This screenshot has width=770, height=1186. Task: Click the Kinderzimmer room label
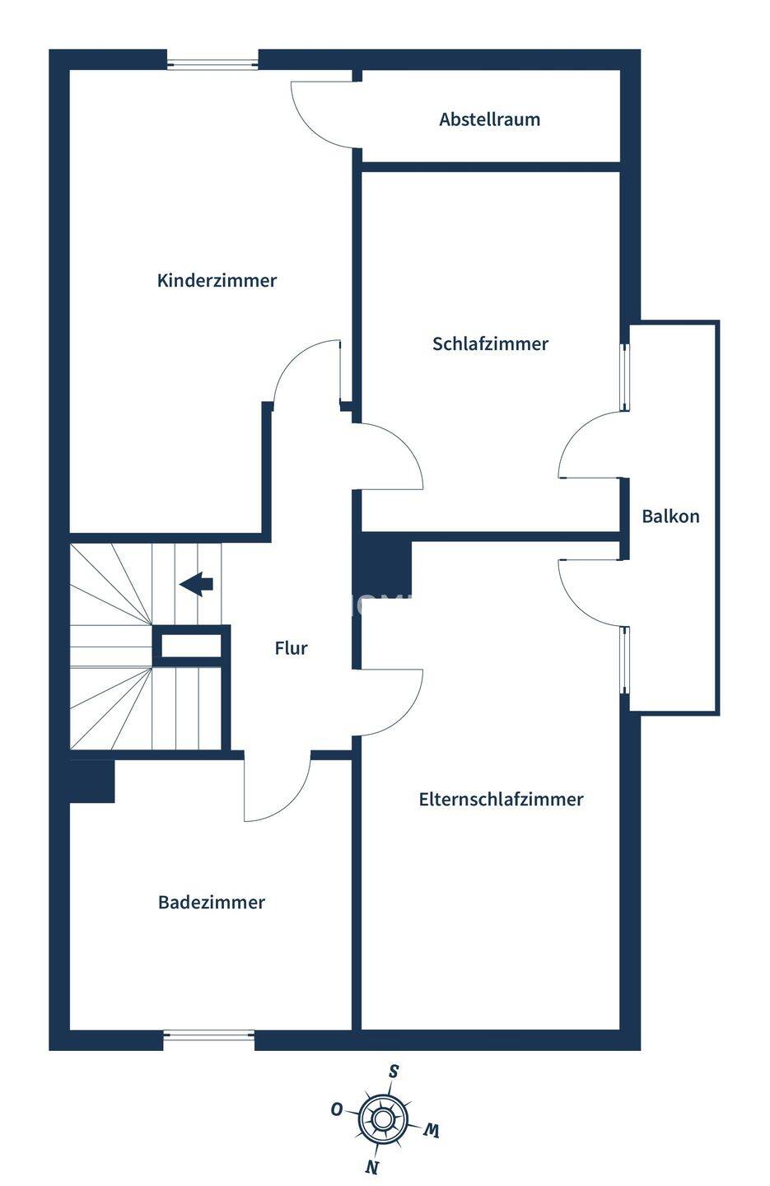coord(217,280)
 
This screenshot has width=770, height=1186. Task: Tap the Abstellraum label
coord(490,119)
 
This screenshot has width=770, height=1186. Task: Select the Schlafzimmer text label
coord(490,343)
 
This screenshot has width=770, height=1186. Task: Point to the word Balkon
coord(670,516)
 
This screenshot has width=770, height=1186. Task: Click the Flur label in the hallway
coord(292,648)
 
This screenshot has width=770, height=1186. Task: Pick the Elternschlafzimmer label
coord(501,799)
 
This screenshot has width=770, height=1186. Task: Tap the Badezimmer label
coord(212,902)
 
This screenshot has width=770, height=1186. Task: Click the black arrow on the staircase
coord(196,584)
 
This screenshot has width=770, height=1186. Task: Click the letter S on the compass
coord(394,1072)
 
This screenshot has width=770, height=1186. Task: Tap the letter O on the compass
coord(336,1109)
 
